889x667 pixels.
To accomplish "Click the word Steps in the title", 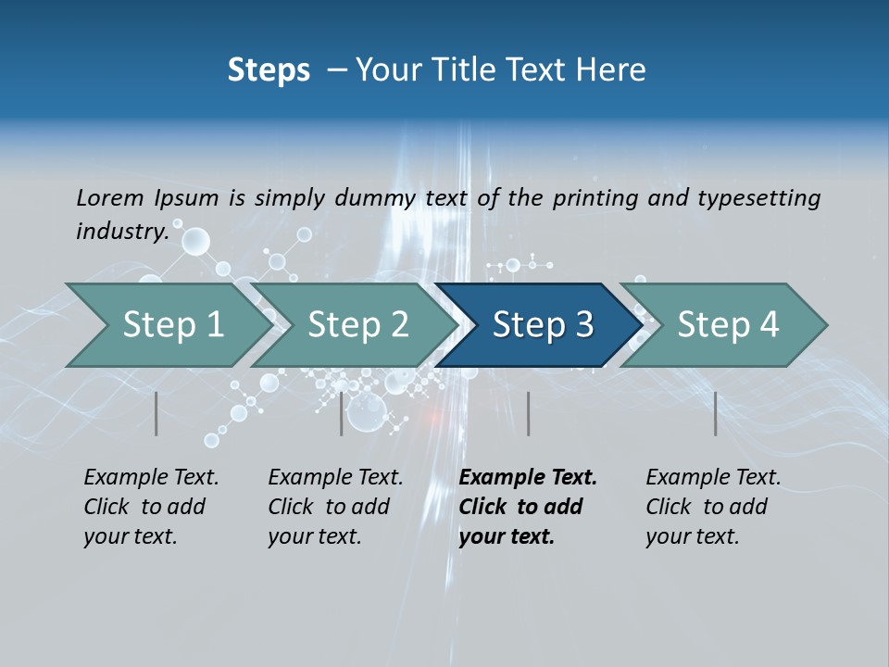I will tap(269, 70).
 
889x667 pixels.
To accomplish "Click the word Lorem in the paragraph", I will tap(109, 197).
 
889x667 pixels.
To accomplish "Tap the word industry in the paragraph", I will tap(121, 231).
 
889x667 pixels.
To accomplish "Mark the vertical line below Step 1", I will tap(157, 413).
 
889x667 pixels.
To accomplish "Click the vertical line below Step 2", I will tap(342, 413).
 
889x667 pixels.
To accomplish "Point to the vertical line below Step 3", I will tap(528, 413).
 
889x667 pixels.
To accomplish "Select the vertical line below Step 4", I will tap(716, 413).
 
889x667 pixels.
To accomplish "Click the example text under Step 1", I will tap(151, 507).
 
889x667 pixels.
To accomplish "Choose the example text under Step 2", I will tap(335, 507).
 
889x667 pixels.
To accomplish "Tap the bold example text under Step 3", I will tap(528, 507).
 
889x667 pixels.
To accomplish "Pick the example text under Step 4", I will tap(713, 507).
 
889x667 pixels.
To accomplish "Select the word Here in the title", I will tap(616, 70).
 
